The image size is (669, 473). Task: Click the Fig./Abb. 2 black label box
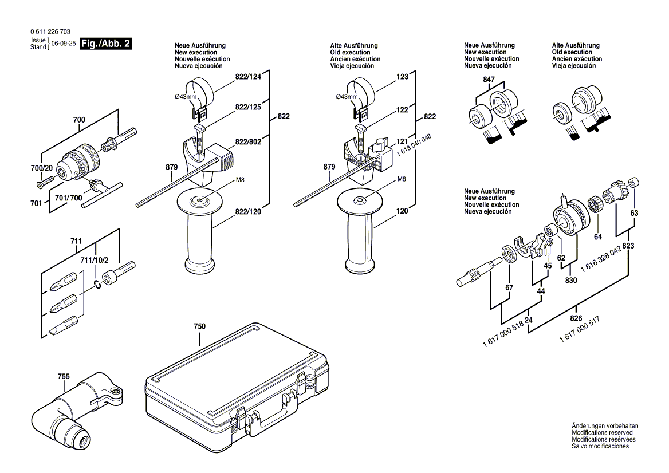107,44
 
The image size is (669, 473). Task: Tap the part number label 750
199,326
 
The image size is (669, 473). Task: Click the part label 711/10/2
94,261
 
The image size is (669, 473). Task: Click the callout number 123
403,76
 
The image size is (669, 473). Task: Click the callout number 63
633,214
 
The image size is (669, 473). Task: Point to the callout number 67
509,287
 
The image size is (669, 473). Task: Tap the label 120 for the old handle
403,211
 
